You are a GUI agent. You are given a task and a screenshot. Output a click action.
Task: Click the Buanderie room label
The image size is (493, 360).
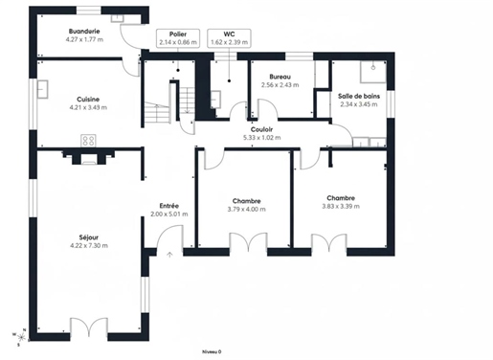click(x=84, y=32)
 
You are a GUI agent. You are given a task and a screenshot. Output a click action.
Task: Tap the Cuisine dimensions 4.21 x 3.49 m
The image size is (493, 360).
click(x=88, y=107)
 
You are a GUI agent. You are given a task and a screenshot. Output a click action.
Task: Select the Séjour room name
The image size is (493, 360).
click(x=89, y=237)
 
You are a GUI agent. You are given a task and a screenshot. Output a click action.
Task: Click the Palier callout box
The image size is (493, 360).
click(x=178, y=38)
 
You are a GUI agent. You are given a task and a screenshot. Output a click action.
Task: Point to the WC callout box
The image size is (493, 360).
click(x=229, y=38)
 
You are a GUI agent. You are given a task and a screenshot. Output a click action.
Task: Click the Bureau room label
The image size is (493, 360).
click(x=280, y=77)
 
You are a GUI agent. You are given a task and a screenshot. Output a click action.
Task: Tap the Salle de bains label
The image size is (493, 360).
click(x=359, y=96)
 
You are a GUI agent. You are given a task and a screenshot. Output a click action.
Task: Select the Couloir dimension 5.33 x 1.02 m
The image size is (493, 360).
click(x=262, y=138)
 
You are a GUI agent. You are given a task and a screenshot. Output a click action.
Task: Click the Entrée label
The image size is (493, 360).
click(x=169, y=206)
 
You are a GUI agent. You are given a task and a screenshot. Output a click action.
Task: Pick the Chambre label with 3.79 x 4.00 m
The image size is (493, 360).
click(x=246, y=201)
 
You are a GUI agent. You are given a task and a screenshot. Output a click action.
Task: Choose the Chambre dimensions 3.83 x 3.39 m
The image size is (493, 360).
click(x=341, y=207)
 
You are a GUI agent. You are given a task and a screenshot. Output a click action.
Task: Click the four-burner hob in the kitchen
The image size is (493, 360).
click(x=88, y=141)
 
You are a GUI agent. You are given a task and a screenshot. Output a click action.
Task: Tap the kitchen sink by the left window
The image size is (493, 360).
click(x=42, y=89)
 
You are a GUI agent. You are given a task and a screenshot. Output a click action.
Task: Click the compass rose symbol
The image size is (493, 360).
click(x=21, y=337)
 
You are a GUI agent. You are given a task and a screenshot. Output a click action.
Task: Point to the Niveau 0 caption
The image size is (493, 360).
click(x=212, y=352)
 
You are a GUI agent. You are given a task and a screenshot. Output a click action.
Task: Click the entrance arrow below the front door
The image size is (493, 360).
click(x=169, y=255)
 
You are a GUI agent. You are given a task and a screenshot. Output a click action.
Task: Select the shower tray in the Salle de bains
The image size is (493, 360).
click(x=373, y=72)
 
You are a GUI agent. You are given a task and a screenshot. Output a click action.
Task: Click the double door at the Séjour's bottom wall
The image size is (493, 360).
click(x=89, y=326)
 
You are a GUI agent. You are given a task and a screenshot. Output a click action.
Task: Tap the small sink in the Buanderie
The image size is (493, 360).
click(x=117, y=18)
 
